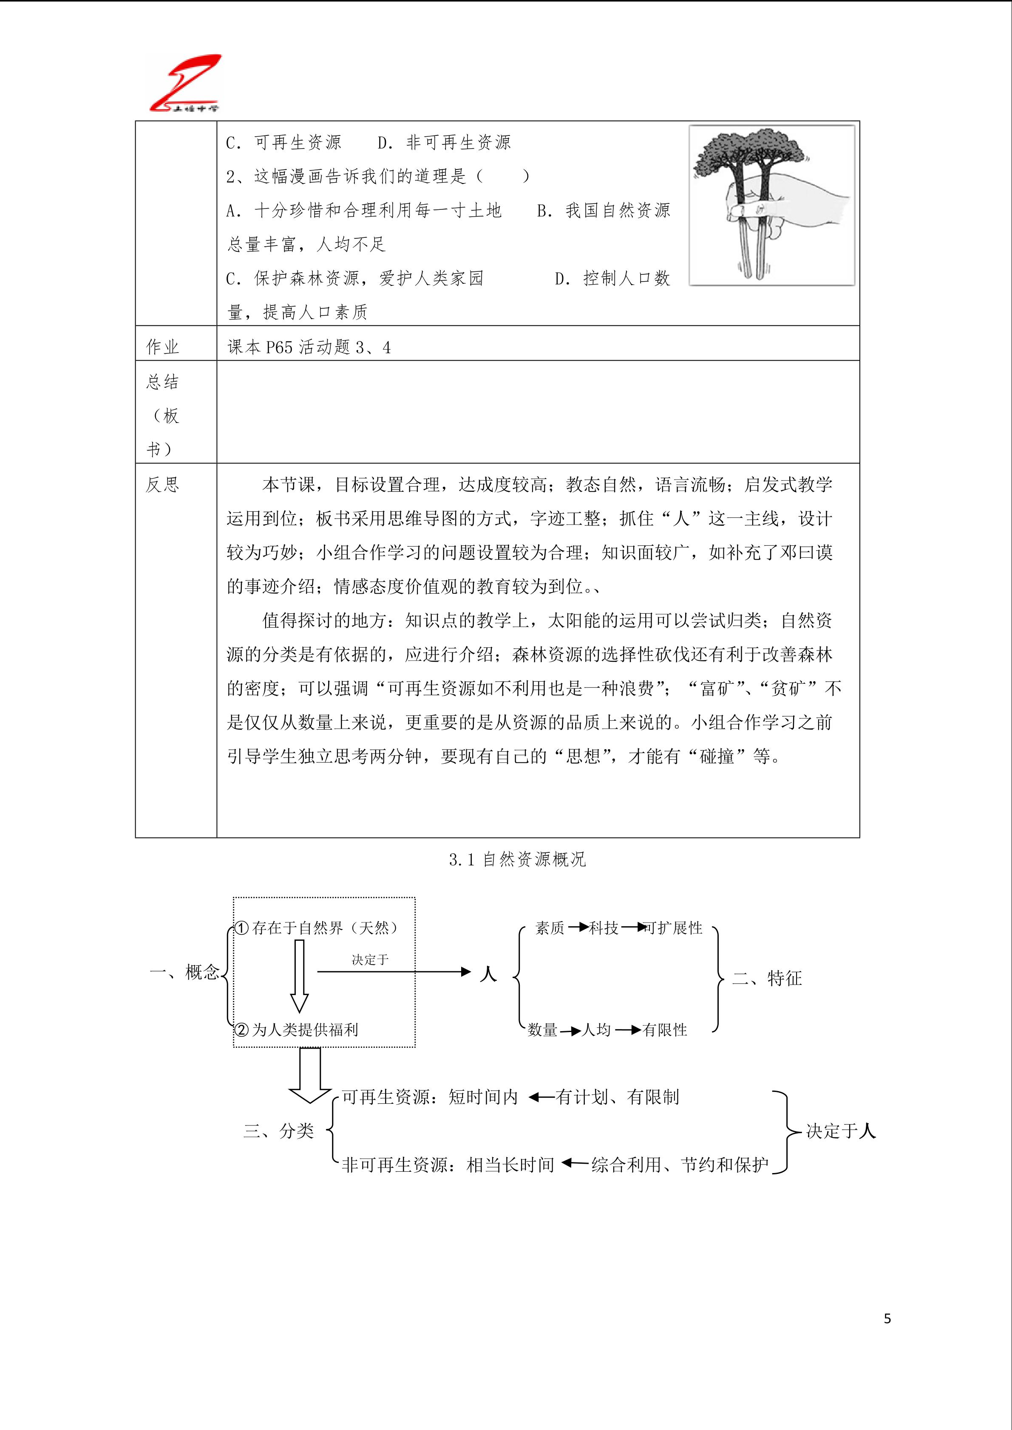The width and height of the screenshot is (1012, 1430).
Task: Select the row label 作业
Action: coord(163,347)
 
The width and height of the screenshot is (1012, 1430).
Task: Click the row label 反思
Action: coord(163,485)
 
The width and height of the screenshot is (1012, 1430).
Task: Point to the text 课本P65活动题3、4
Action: coord(309,347)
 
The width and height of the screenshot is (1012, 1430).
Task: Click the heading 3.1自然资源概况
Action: coord(518,860)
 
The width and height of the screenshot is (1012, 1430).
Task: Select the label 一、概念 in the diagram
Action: coord(184,972)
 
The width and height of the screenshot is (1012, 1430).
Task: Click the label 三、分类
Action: coord(278,1131)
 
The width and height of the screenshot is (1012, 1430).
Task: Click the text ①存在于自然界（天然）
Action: coord(317,928)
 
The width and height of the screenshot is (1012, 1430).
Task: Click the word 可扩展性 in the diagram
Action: coord(673,928)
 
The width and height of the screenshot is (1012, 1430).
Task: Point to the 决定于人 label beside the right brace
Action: coord(841,1131)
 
